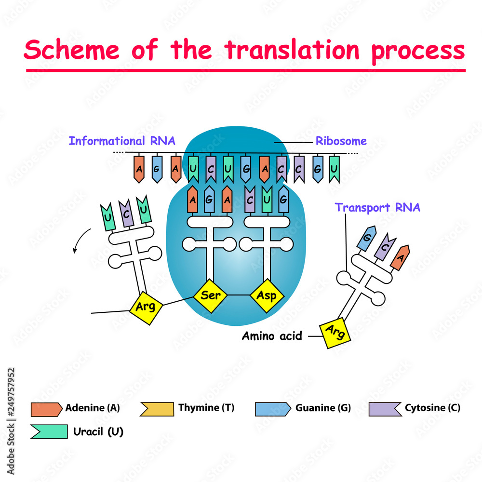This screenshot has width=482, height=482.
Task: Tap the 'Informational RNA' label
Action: click(x=121, y=141)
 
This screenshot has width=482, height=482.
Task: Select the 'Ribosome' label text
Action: click(x=341, y=141)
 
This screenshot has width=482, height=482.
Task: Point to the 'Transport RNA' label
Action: click(x=377, y=207)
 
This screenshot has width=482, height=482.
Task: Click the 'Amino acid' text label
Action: click(x=271, y=336)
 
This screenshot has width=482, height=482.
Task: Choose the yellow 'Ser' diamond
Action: click(x=210, y=295)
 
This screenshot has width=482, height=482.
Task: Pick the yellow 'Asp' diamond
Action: click(x=267, y=295)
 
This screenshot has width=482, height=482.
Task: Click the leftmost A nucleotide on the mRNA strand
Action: click(x=139, y=169)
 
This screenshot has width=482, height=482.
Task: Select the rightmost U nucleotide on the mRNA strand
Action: click(x=334, y=169)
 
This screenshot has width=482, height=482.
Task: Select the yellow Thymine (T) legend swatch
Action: click(x=156, y=408)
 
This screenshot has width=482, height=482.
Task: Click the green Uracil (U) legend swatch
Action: click(x=48, y=431)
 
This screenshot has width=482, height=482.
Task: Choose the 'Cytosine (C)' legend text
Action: click(x=432, y=408)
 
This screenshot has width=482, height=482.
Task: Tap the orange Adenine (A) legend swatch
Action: click(x=46, y=409)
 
